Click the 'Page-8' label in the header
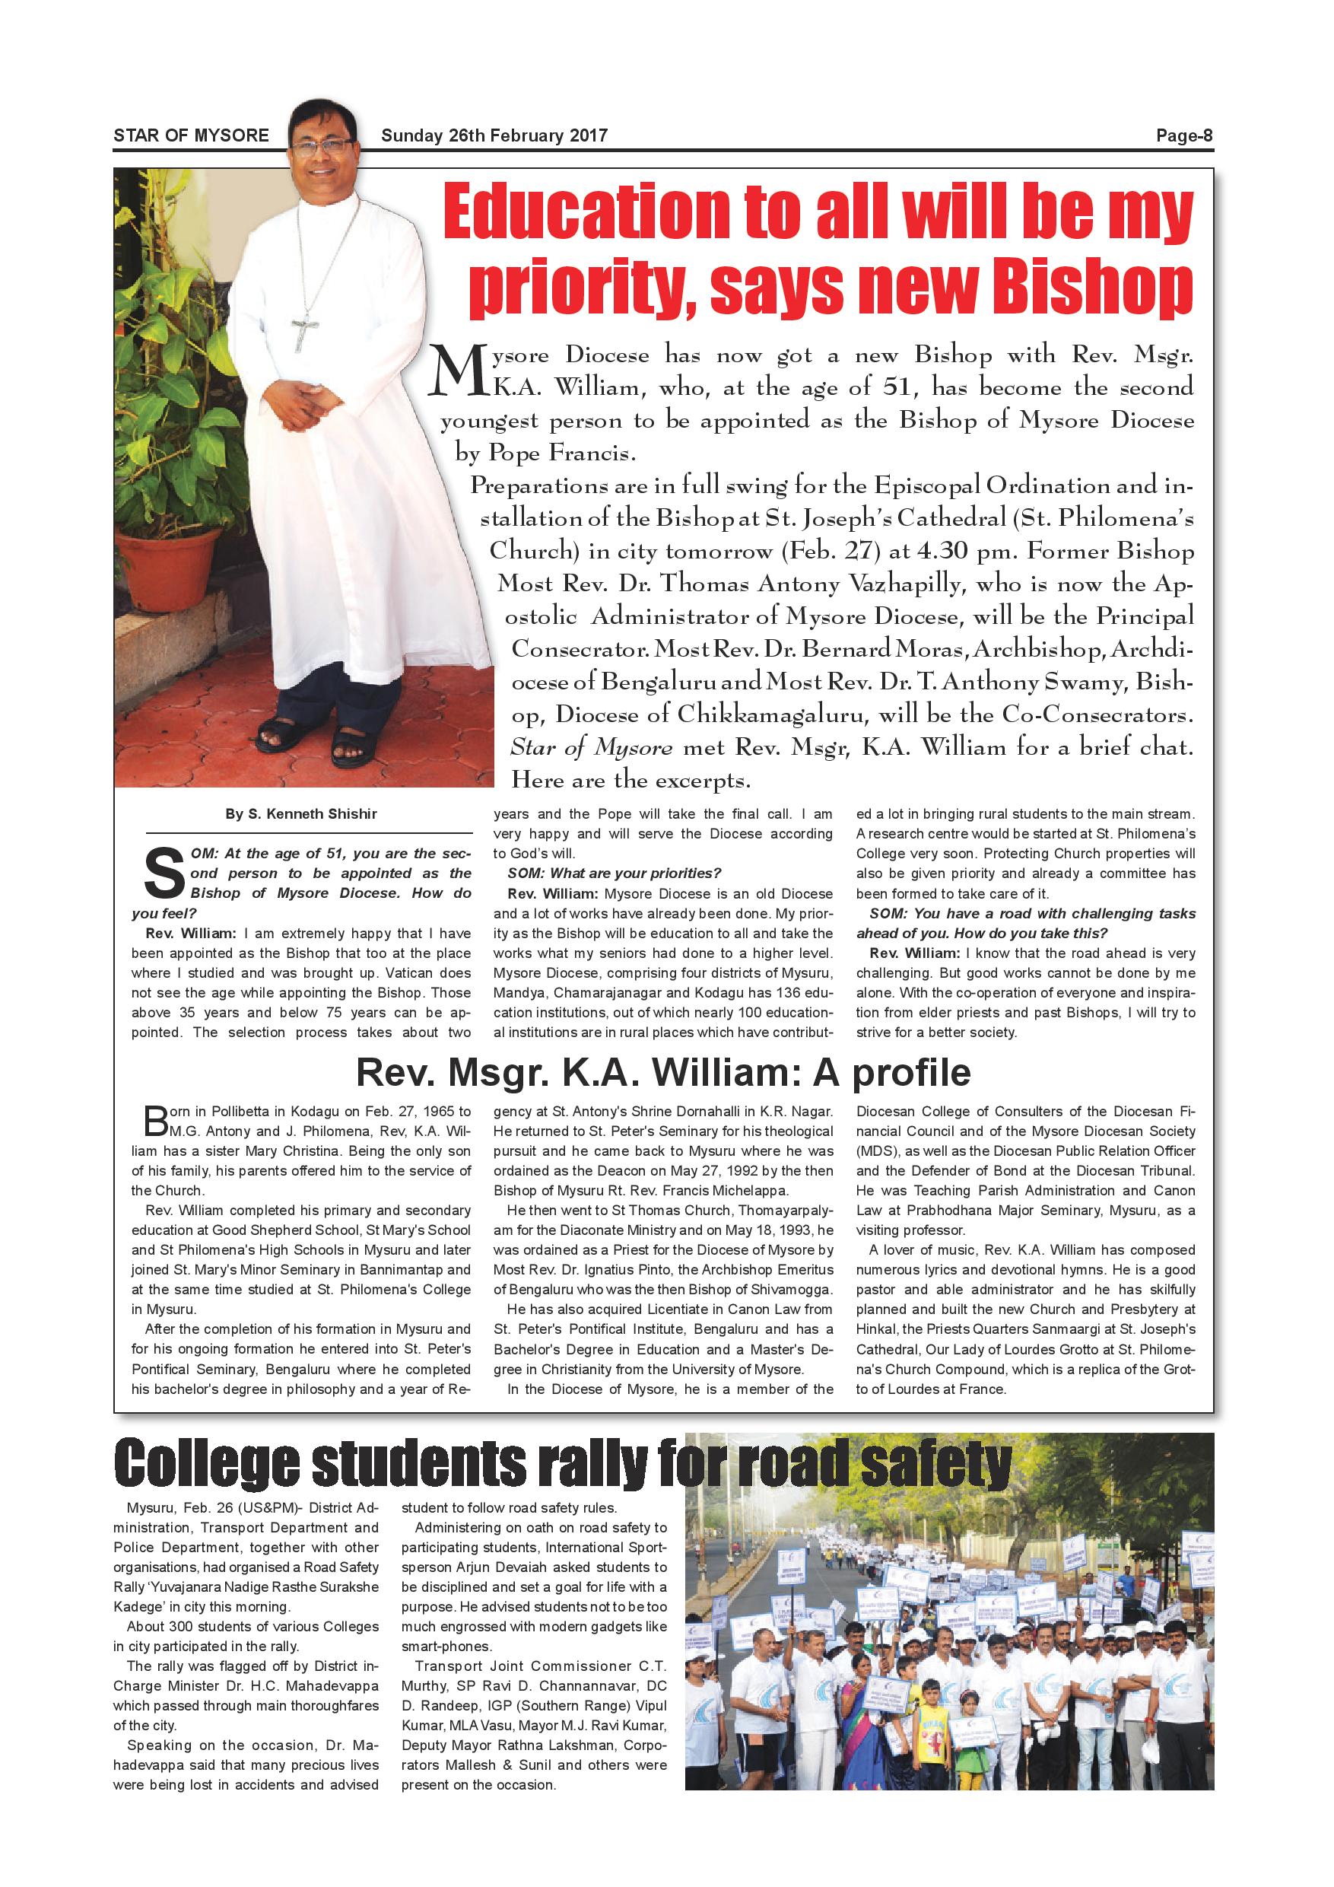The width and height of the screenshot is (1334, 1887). point(1183,135)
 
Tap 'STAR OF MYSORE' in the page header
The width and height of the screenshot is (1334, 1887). point(191,135)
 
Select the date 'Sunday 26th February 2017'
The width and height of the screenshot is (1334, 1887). point(494,135)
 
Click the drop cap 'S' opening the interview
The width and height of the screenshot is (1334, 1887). point(164,873)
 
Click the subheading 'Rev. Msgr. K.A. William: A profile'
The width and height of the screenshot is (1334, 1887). point(663,1073)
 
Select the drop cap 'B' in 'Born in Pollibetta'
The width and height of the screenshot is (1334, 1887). point(154,1121)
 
